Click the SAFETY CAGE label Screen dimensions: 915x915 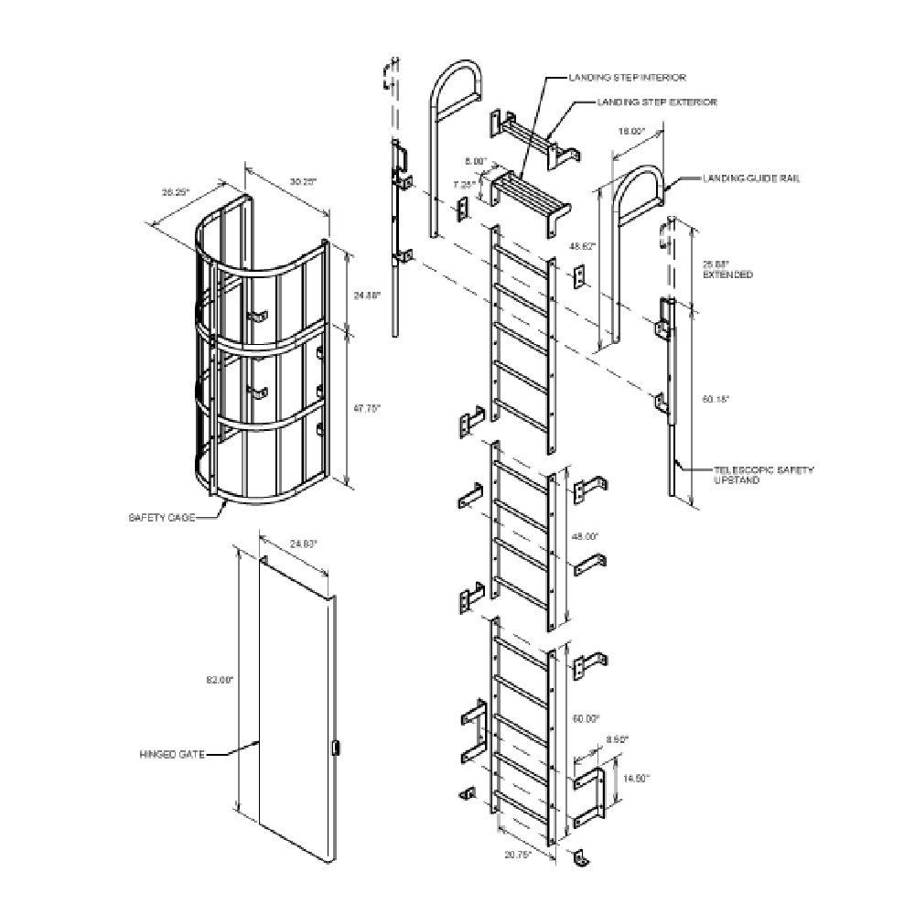161,517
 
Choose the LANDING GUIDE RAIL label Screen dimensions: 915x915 751,178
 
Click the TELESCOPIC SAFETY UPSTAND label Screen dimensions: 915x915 763,474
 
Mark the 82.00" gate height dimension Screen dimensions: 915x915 222,680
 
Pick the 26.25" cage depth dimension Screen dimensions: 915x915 175,192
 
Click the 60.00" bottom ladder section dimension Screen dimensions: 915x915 587,718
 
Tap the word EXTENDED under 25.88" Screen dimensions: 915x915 727,274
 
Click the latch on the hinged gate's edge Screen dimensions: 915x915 334,748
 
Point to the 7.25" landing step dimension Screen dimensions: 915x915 465,183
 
